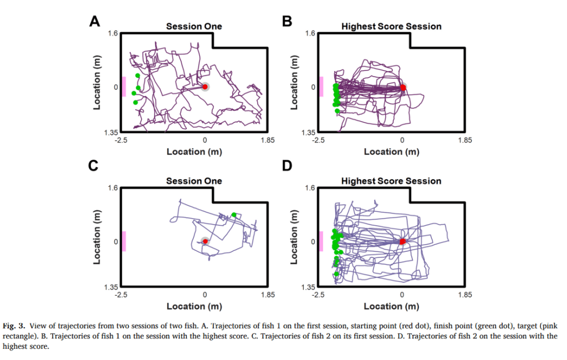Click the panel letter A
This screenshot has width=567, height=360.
click(x=95, y=22)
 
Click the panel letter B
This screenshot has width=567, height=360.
click(x=287, y=22)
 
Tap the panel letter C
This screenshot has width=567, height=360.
click(x=95, y=166)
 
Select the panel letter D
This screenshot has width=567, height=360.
click(x=287, y=166)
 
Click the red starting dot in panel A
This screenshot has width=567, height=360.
click(x=205, y=87)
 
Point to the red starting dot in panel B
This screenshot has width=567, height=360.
click(x=402, y=87)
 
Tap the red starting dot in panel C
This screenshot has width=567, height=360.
click(x=205, y=241)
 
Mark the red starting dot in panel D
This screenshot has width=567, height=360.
click(x=402, y=241)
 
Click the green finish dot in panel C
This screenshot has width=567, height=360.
click(x=234, y=215)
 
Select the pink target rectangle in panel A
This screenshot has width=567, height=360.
click(x=124, y=87)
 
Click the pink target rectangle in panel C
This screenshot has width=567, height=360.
click(x=124, y=241)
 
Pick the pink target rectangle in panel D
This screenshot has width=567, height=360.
click(x=321, y=241)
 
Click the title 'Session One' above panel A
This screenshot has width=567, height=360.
click(x=194, y=26)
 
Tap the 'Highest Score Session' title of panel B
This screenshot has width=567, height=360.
click(x=391, y=26)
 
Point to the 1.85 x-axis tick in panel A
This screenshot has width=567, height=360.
click(x=268, y=140)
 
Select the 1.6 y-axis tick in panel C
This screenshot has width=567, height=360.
click(x=113, y=188)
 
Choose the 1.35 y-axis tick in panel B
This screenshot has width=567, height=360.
click(x=308, y=133)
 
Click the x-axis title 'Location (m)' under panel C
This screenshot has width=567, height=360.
click(x=194, y=306)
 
